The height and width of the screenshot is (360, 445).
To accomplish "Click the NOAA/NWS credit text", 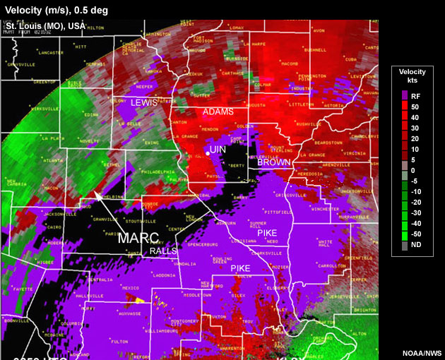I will point(422,352).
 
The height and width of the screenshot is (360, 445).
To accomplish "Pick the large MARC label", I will point(138,237).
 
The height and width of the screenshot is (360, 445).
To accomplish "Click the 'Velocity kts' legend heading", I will point(412,77).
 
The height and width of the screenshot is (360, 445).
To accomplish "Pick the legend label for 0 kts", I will point(413,170).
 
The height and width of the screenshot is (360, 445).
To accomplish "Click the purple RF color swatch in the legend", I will point(403,95).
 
